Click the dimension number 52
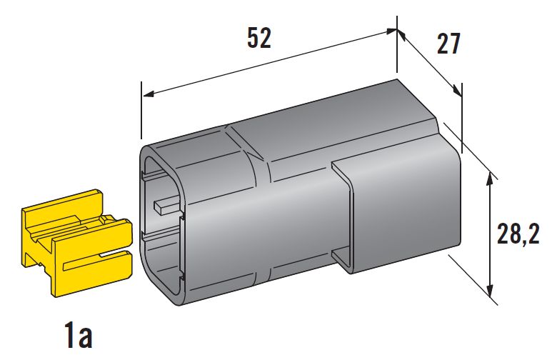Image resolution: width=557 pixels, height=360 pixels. (259, 38)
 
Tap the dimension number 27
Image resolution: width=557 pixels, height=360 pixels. (448, 44)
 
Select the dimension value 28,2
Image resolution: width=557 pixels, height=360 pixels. (518, 234)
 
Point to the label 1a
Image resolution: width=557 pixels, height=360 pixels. (79, 336)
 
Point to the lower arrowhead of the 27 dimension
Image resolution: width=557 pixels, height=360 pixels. (458, 91)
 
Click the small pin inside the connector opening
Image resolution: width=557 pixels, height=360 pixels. (167, 207)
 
